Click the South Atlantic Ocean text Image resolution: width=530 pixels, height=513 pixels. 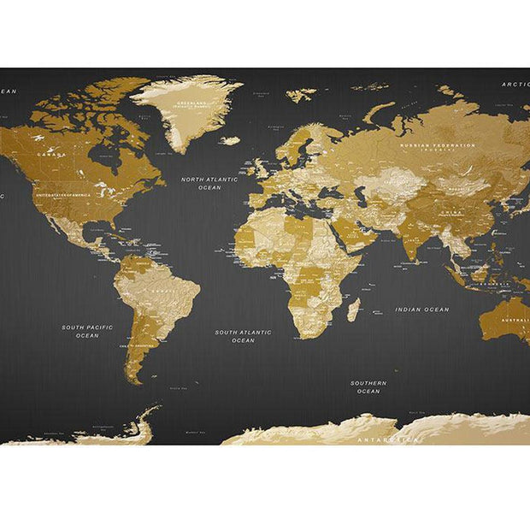tap(243, 336)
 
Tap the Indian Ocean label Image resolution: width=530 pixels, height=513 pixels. tap(421, 310)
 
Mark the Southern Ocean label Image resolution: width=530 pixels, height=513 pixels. tap(368, 386)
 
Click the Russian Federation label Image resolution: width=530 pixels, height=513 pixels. tap(439, 145)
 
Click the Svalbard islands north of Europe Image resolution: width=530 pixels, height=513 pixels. tap(300, 95)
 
